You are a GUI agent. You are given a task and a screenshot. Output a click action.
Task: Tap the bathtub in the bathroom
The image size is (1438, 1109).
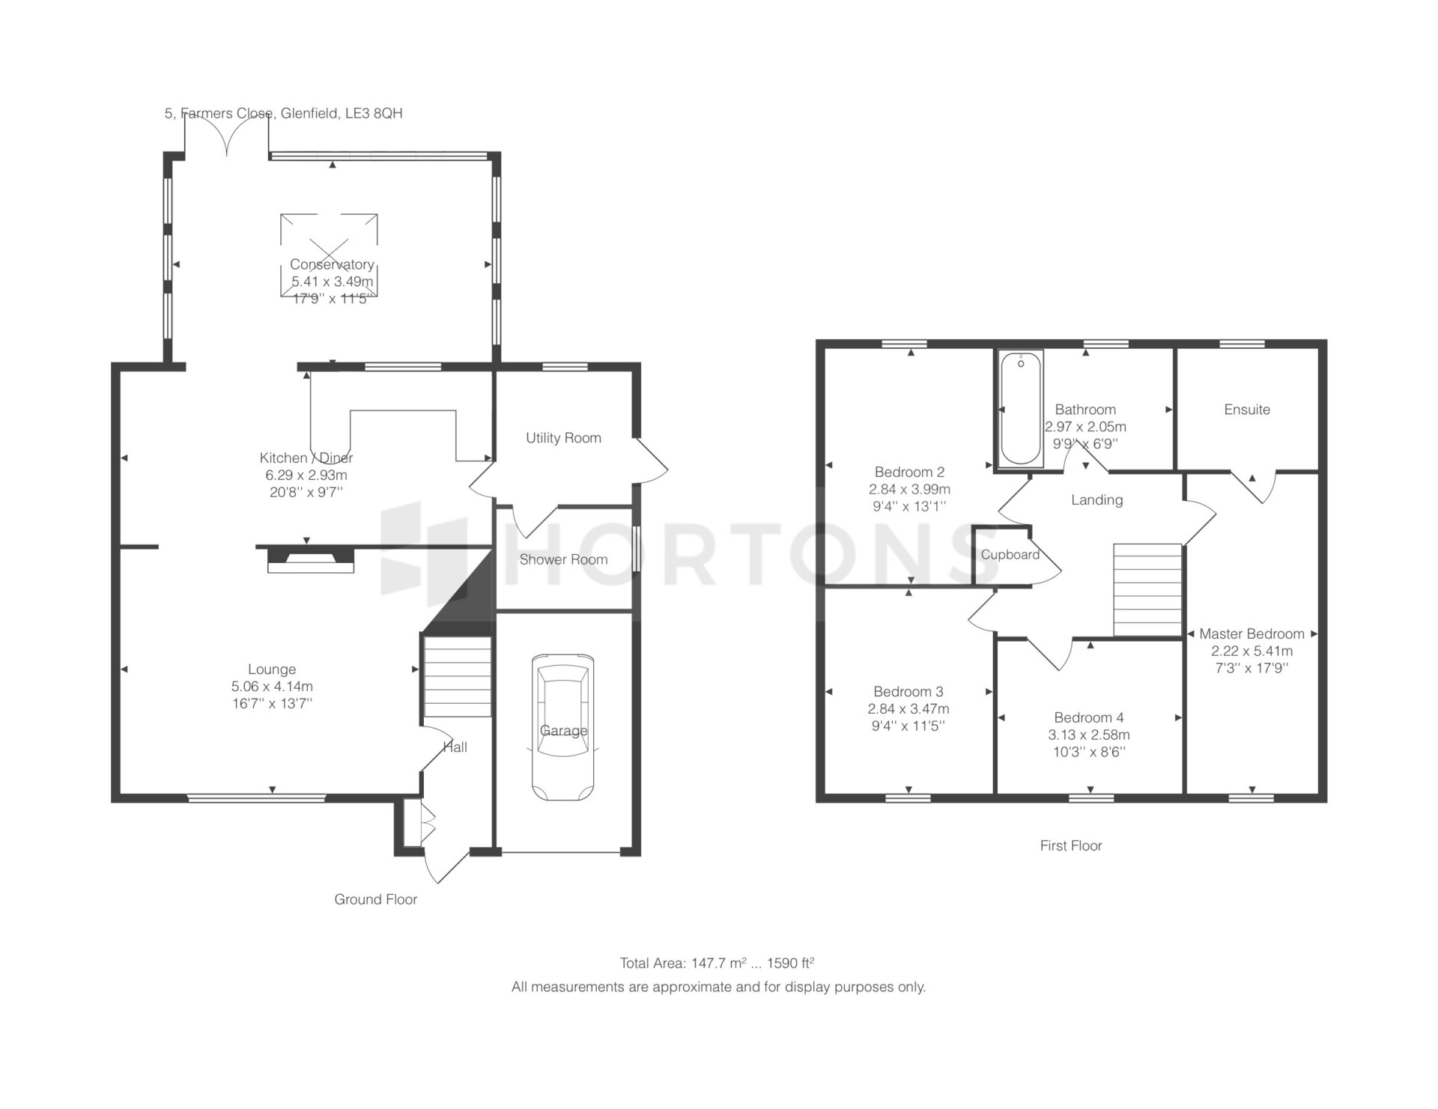1020,408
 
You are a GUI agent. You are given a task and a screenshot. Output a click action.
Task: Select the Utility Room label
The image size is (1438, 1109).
563,438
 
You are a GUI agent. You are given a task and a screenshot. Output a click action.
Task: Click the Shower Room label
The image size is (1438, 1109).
563,559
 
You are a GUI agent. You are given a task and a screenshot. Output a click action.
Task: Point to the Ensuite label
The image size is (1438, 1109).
1247,410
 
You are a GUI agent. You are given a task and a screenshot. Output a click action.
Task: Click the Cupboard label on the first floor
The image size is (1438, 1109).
1010,555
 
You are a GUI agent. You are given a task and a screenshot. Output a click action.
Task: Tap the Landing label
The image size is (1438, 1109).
1096,500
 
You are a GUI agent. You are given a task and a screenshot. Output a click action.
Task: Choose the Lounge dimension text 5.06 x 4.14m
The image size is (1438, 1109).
272,687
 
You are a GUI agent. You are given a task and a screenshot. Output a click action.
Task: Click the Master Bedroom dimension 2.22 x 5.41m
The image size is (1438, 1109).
1252,651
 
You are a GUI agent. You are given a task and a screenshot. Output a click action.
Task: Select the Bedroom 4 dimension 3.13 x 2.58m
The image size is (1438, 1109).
1089,735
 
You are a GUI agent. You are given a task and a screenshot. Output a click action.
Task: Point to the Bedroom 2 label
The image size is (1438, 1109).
909,473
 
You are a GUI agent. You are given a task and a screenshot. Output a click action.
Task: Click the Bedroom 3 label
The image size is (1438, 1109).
908,692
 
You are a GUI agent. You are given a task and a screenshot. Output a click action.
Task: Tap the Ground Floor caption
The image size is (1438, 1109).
375,899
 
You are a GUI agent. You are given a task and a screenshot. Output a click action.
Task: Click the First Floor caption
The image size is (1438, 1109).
1071,845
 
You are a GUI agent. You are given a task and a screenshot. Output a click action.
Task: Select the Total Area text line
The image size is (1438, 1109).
717,963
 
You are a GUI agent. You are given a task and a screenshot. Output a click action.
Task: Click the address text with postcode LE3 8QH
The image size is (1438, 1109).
283,114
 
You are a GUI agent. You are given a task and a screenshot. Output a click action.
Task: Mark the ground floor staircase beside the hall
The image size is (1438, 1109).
458,677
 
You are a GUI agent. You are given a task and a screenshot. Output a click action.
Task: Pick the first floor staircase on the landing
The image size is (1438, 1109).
1147,589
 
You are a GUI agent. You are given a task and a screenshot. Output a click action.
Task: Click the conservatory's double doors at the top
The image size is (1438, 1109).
227,136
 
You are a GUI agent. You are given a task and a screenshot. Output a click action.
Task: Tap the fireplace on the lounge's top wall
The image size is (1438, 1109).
310,559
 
